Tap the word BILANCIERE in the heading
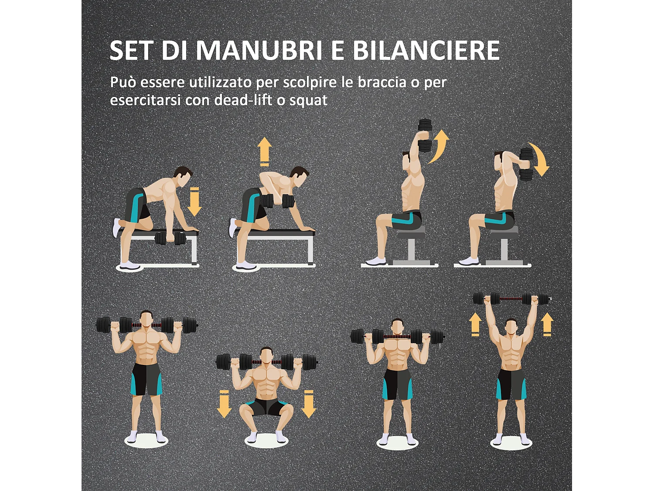(426, 50)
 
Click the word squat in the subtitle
(308, 100)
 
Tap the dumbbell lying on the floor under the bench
(170, 238)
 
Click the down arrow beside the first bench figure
(194, 202)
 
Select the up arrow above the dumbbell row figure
(264, 151)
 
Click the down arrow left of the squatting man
(224, 404)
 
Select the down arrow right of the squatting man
(309, 404)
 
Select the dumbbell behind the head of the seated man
(526, 164)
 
